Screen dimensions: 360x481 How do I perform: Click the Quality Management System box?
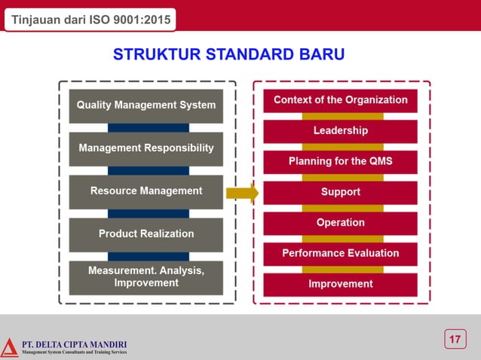tap(146, 105)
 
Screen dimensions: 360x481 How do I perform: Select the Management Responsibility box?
tap(146, 148)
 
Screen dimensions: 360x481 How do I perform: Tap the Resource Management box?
tap(146, 191)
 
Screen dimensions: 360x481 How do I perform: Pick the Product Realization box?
tap(146, 234)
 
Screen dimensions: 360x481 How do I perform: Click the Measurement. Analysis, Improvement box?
tap(146, 277)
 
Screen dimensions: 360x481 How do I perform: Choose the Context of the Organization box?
tap(340, 100)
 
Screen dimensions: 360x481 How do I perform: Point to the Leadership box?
tap(340, 131)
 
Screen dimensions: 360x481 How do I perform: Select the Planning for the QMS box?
tap(340, 162)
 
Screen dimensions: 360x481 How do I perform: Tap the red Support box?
tap(340, 192)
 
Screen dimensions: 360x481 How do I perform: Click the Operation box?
tap(340, 223)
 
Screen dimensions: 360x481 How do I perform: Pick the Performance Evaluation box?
tap(340, 254)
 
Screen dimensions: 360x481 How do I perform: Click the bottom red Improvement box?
tap(340, 284)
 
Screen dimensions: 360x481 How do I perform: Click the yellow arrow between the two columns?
tap(242, 193)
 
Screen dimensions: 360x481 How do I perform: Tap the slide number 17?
tap(454, 340)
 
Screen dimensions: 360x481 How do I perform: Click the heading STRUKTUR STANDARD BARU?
tap(229, 55)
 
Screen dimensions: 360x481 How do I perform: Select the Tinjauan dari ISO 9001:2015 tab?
tap(90, 19)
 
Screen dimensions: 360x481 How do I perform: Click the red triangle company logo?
tap(9, 347)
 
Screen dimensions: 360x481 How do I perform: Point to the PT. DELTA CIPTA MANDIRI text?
tap(74, 344)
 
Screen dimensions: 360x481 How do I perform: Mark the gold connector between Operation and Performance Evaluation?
tap(342, 239)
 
